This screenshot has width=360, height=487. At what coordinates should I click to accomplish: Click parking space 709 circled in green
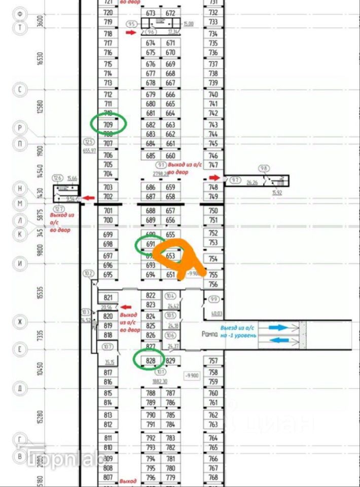point(108,124)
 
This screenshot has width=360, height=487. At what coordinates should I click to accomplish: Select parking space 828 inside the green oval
point(150,361)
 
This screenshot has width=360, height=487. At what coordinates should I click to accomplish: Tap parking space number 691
point(150,243)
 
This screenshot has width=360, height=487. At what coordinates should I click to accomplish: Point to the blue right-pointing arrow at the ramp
point(278,328)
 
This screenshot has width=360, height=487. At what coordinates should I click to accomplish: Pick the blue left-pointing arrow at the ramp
point(278,340)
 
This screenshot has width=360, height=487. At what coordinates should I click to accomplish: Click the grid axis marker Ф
point(20,13)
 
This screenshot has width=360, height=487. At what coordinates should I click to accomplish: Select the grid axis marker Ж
point(20,322)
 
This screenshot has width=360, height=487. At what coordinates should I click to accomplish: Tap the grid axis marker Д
point(20,389)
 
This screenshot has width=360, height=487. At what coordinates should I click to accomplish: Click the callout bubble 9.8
point(264,168)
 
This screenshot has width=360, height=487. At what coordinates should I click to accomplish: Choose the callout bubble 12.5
point(89,142)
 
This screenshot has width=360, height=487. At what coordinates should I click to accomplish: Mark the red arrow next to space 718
point(131,33)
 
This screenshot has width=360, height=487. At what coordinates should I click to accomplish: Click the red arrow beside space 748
point(214,178)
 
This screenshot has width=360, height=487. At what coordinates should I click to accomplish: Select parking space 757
point(213,361)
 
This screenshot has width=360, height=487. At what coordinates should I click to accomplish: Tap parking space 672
point(170,13)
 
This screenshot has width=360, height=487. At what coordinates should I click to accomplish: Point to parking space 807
point(107,477)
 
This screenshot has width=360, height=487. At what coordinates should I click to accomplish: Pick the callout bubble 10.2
point(89,274)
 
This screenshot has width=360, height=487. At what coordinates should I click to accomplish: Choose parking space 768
point(213,477)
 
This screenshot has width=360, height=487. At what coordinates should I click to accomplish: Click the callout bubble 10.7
point(107,347)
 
